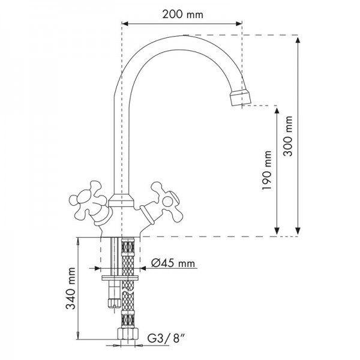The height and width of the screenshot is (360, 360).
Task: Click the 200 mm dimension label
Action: pyautogui.click(x=183, y=14)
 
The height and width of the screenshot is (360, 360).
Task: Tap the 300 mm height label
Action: pyautogui.click(x=287, y=136)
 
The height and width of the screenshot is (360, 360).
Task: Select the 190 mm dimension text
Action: pyautogui.click(x=267, y=170)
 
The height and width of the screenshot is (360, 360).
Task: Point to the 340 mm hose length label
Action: pyautogui.click(x=71, y=289)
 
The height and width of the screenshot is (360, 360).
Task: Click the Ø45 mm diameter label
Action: pyautogui.click(x=173, y=263)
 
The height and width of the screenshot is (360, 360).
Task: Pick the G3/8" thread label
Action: pyautogui.click(x=166, y=338)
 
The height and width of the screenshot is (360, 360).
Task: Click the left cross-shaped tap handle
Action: pyautogui.click(x=88, y=202)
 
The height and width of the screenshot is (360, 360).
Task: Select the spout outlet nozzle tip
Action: pyautogui.click(x=241, y=98)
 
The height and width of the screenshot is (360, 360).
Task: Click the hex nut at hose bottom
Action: pyautogui.click(x=128, y=334)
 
